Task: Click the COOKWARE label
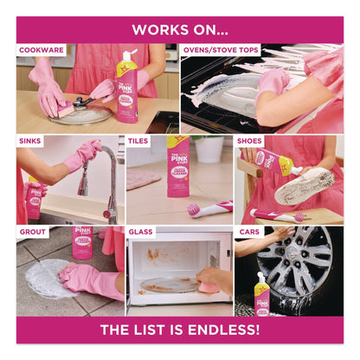pos(42,50)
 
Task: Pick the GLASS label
pos(141,232)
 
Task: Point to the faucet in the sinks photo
pos(107,177)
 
